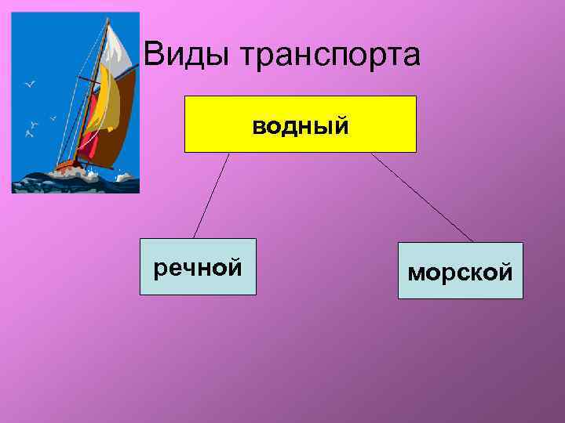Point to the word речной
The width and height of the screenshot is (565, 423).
point(198,269)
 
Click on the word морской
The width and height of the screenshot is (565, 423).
point(460,273)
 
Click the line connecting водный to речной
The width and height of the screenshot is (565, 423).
point(211,195)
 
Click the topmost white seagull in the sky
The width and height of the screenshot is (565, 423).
point(31,82)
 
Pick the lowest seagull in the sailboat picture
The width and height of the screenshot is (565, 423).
point(30,133)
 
